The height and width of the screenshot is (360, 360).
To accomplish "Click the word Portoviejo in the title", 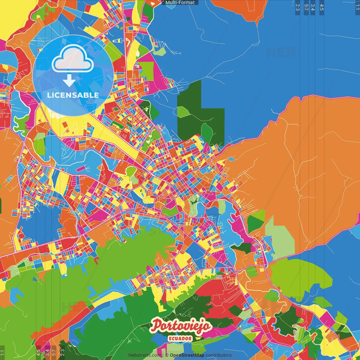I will pos(181,326).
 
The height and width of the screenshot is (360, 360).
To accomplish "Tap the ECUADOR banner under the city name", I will pos(180,339).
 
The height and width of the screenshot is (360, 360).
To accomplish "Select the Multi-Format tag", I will pos(180,3).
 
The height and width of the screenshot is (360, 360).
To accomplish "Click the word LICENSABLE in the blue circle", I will pos(73,95).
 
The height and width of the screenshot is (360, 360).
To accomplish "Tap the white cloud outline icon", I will pos(73,59).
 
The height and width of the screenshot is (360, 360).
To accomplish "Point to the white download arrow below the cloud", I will pos(69,80).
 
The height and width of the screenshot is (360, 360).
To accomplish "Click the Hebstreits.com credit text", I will pos(145,355).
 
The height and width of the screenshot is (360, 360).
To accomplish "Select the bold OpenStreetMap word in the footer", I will pos(187,355).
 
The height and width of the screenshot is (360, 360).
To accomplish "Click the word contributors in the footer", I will pos(219,355).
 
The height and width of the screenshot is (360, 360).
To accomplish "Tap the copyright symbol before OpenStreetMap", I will pos(167,355).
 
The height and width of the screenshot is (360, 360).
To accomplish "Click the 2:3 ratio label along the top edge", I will pos(298,7).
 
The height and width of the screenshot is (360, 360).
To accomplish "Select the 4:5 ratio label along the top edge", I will pos(322,7).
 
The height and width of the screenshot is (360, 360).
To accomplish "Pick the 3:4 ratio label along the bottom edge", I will pos(47,352).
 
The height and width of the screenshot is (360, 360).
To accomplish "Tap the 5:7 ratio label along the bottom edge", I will pos(54,352).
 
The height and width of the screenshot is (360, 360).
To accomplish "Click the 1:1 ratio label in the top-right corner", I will pos(357,7).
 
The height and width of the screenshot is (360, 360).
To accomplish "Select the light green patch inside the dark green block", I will pos(183,112).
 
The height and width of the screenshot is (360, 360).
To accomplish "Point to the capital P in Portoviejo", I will pos(156,326).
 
